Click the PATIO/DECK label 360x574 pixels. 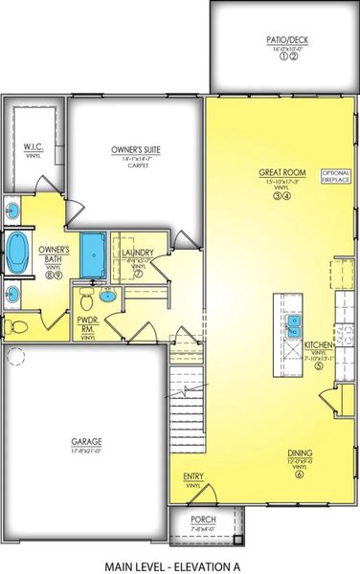point(282,40)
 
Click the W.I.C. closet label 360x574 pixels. point(32,147)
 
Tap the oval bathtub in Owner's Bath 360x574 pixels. point(17,252)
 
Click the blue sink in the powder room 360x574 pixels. point(108,296)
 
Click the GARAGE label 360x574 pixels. point(86,441)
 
